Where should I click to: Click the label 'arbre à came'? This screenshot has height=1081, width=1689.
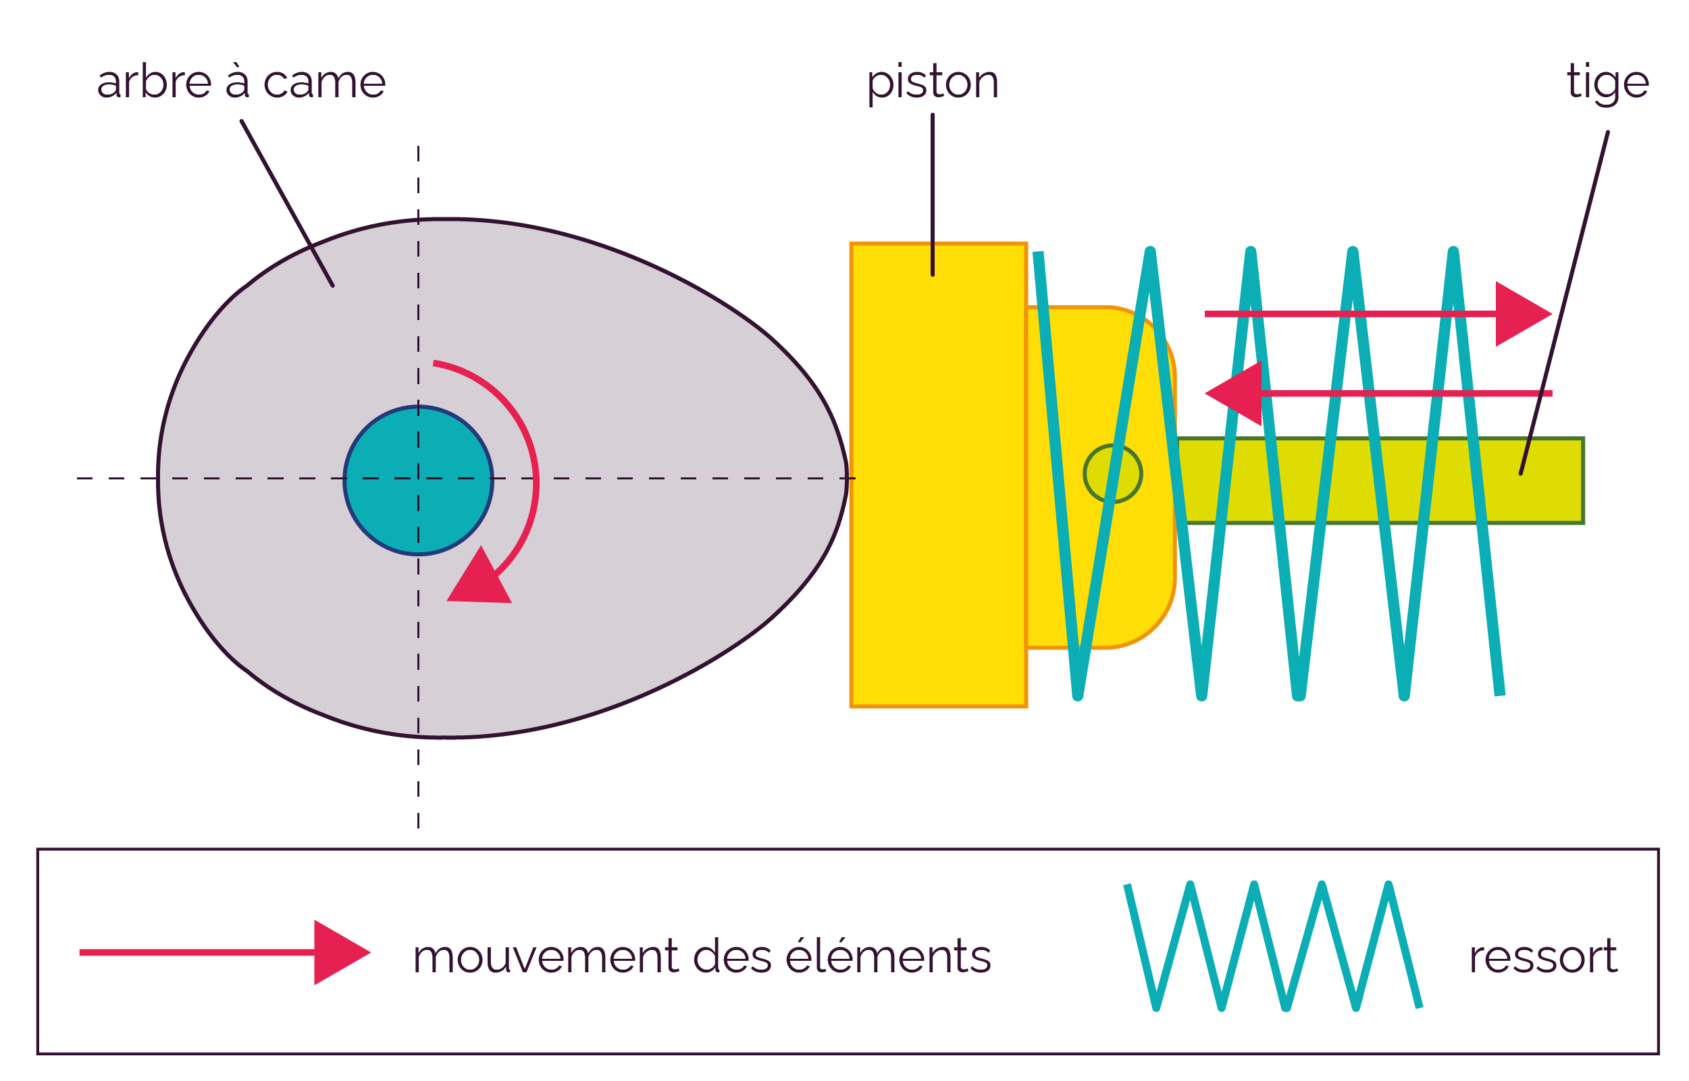(241, 82)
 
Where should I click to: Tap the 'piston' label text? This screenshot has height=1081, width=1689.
(932, 84)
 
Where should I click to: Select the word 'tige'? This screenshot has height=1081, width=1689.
(1607, 84)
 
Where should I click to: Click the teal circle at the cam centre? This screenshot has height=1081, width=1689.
(419, 481)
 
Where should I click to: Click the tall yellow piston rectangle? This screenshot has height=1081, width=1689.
(939, 475)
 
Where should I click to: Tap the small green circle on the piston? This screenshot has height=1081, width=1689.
(1113, 474)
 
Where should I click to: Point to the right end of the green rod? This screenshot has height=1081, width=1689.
(1583, 481)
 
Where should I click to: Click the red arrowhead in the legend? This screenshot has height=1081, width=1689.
(341, 953)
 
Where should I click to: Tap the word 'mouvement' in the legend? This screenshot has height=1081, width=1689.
(546, 957)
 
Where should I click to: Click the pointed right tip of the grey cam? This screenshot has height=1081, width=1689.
(848, 478)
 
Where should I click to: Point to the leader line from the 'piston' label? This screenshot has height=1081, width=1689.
(932, 194)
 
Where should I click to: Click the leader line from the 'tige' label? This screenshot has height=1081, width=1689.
(1564, 302)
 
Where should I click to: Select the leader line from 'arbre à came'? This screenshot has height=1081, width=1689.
(287, 203)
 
